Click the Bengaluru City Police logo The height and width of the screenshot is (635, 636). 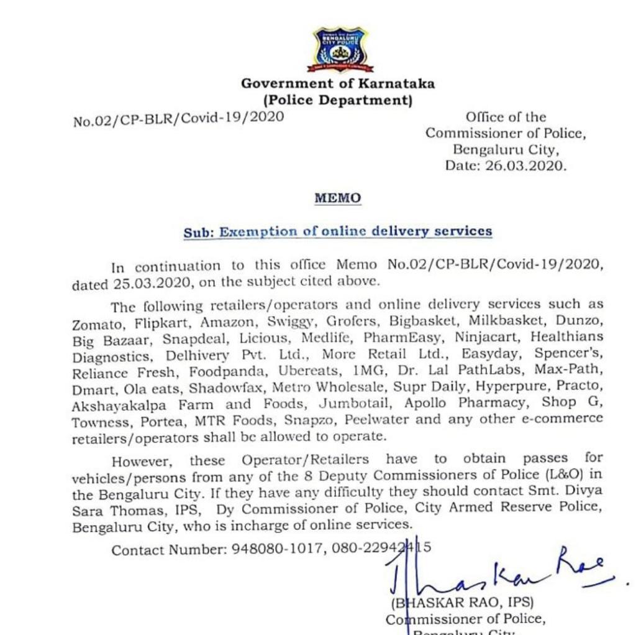pyautogui.click(x=339, y=49)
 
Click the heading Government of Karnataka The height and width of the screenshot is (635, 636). pyautogui.click(x=338, y=83)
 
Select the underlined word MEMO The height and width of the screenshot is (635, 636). pyautogui.click(x=337, y=198)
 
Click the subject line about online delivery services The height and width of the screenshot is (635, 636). pyautogui.click(x=337, y=232)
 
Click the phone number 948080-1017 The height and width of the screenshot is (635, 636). pyautogui.click(x=273, y=550)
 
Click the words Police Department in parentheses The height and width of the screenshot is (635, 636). pyautogui.click(x=338, y=100)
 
